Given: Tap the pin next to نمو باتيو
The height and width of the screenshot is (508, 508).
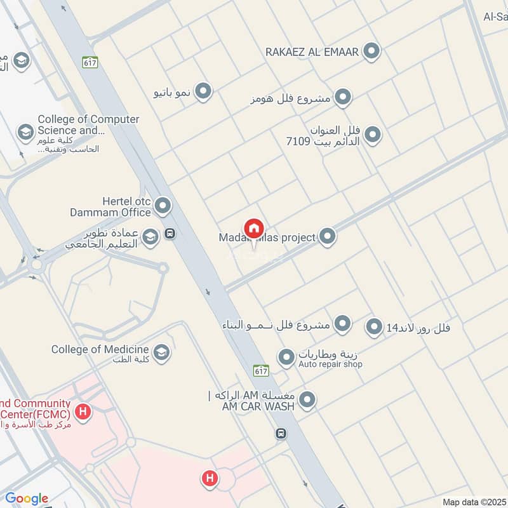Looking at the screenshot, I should coord(203,92).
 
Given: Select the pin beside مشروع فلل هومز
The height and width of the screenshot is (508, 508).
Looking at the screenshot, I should coord(343,97).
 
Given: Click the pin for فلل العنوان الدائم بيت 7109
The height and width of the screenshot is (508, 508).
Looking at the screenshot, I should coord(373,135).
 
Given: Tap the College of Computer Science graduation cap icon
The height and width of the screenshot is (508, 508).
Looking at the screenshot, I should coord(25,132).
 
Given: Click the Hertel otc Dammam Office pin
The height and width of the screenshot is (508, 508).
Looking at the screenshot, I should coord(163,205).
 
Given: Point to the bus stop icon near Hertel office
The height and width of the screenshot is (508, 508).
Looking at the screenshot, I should coord(170,234).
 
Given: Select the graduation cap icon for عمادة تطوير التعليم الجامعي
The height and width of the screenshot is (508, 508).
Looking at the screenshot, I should coord(150,237).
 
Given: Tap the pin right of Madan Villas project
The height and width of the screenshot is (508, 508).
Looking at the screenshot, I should coord(327,237).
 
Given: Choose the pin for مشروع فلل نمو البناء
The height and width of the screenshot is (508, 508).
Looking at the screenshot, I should coord(343,324).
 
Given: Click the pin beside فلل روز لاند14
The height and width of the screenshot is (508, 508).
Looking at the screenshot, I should coord(374,327).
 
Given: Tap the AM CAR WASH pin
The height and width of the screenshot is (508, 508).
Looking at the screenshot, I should coord(307,400).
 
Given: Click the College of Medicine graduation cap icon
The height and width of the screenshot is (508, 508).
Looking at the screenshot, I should coord(161,352).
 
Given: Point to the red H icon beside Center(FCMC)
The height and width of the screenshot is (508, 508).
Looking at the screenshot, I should coord(82,411).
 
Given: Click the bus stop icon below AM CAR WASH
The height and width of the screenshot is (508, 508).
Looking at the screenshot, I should coord(281,434).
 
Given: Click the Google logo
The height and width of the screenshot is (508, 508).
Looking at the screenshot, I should coord(27,498).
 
